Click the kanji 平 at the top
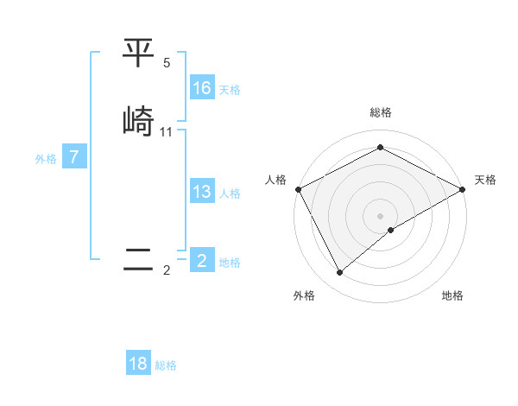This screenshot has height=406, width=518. (138, 54)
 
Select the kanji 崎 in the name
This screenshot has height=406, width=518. (138, 121)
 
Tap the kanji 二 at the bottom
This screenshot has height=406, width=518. (138, 260)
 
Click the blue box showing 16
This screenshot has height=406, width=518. (202, 88)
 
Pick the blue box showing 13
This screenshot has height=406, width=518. (202, 192)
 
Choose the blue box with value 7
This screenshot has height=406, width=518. (74, 157)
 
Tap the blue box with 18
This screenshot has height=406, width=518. (138, 364)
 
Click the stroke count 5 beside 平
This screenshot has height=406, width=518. (167, 63)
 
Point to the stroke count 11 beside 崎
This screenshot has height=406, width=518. (167, 132)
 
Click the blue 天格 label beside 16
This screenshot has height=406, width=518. (230, 90)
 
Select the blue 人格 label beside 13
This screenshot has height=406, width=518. (230, 193)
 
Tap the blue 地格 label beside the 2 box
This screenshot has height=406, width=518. (230, 263)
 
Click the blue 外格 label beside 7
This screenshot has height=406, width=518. (46, 159)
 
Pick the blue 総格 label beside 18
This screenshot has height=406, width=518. (166, 365)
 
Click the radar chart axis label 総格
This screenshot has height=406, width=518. (380, 112)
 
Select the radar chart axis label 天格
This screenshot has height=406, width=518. (485, 180)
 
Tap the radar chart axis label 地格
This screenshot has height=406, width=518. (452, 296)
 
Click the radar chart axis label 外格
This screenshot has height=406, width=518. (304, 296)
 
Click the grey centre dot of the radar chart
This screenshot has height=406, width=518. (380, 215)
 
